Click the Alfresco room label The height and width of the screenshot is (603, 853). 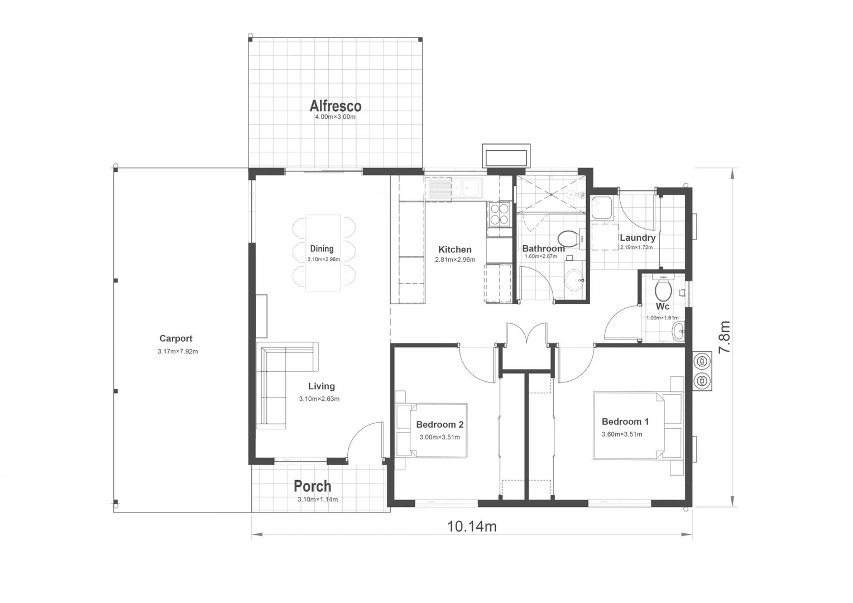point(336,106)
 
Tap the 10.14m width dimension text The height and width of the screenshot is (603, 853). point(472,527)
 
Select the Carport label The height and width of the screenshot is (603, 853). point(176,338)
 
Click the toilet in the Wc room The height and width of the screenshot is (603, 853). point(663,289)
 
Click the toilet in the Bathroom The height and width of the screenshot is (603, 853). point(568,238)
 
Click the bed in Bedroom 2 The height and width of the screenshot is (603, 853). point(433,430)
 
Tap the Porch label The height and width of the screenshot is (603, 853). point(313,486)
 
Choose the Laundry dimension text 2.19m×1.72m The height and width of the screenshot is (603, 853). point(636,247)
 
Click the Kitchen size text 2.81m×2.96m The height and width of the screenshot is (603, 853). point(455,260)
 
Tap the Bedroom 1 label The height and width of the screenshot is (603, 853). point(625,422)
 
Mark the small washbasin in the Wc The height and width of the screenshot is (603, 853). point(678,330)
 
